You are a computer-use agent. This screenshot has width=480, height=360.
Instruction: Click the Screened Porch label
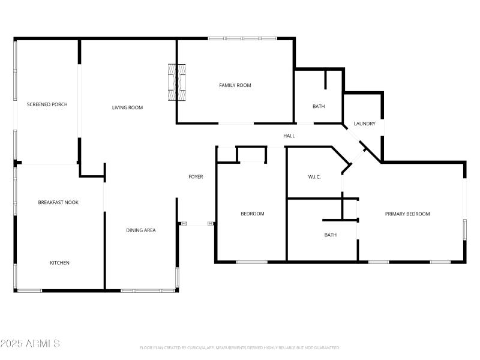(47, 104)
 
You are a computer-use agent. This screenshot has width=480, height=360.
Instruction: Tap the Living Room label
(127, 108)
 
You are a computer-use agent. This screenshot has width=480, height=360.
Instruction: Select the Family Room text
(235, 85)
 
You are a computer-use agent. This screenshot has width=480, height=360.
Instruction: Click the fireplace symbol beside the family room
(177, 82)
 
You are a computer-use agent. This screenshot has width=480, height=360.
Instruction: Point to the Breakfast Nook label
(58, 202)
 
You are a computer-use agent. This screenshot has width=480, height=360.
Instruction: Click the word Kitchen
(59, 263)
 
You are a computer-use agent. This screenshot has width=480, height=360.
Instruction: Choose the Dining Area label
(141, 230)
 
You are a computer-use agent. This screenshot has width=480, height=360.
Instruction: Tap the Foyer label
(196, 177)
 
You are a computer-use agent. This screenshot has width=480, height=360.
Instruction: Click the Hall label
(289, 136)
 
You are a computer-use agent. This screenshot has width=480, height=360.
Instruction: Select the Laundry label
(364, 124)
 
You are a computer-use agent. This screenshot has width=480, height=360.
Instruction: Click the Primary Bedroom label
(407, 214)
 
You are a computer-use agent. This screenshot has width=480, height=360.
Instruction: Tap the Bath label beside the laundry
(319, 107)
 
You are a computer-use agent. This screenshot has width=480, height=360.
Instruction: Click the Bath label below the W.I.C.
(330, 235)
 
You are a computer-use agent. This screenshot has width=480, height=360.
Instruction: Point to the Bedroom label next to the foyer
(252, 214)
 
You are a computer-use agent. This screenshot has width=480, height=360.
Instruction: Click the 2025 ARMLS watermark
(30, 344)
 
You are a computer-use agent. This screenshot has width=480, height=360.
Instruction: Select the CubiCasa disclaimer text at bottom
(240, 348)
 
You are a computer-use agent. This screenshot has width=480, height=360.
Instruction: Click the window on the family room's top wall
(242, 38)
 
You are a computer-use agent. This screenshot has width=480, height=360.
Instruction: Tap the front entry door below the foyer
(197, 224)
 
